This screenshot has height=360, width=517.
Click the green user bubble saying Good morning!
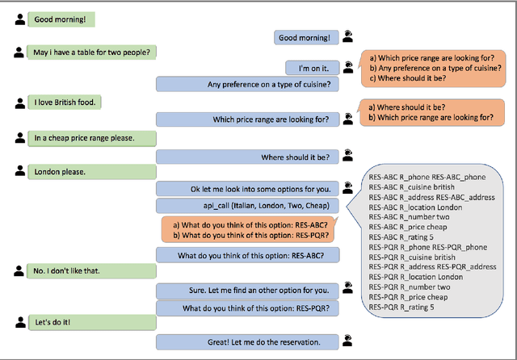click(61, 18)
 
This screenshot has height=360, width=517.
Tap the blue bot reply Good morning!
click(304, 36)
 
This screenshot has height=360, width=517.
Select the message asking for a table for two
click(92, 52)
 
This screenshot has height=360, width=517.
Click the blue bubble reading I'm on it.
click(306, 69)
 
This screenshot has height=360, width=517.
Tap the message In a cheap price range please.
click(83, 137)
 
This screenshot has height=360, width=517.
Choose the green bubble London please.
click(61, 171)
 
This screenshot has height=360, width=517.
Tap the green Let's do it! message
click(57, 323)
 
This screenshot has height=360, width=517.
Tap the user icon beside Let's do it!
click(19, 322)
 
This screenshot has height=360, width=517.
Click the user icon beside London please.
click(19, 170)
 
